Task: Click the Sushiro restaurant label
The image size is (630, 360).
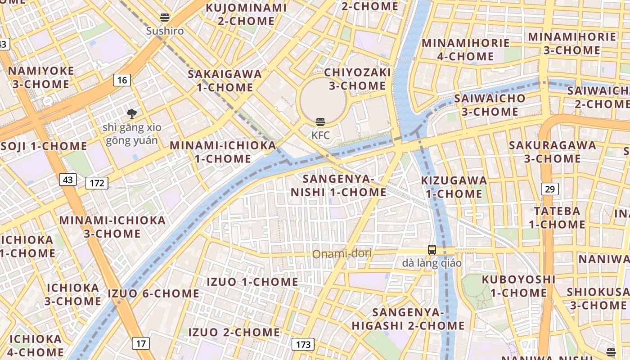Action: [x=165, y=31]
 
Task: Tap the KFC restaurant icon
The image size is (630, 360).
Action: [x=320, y=121]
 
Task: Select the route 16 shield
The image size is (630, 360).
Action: [x=121, y=80]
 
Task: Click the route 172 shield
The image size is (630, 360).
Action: [x=97, y=183]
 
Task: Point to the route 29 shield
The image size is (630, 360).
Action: [x=549, y=189]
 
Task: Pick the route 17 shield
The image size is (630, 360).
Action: [x=141, y=343]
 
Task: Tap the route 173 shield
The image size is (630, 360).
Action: [x=303, y=345]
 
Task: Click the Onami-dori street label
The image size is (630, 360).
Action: [x=342, y=254]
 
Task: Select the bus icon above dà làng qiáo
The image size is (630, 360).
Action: [x=432, y=250]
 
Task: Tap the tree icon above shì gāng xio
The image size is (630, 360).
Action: [x=131, y=114]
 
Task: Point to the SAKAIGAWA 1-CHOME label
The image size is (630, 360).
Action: [x=225, y=81]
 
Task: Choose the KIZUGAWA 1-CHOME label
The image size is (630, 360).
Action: [x=454, y=187]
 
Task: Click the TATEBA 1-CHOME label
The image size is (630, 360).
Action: [x=557, y=217]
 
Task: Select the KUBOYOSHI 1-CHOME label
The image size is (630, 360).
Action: [x=518, y=286]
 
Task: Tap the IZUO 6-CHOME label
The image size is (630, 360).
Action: [x=153, y=293]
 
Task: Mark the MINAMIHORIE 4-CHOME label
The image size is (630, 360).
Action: [x=465, y=49]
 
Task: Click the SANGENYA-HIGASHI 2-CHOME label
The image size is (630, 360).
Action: [x=408, y=319]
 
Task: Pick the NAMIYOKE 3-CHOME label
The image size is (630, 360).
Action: [x=41, y=77]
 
